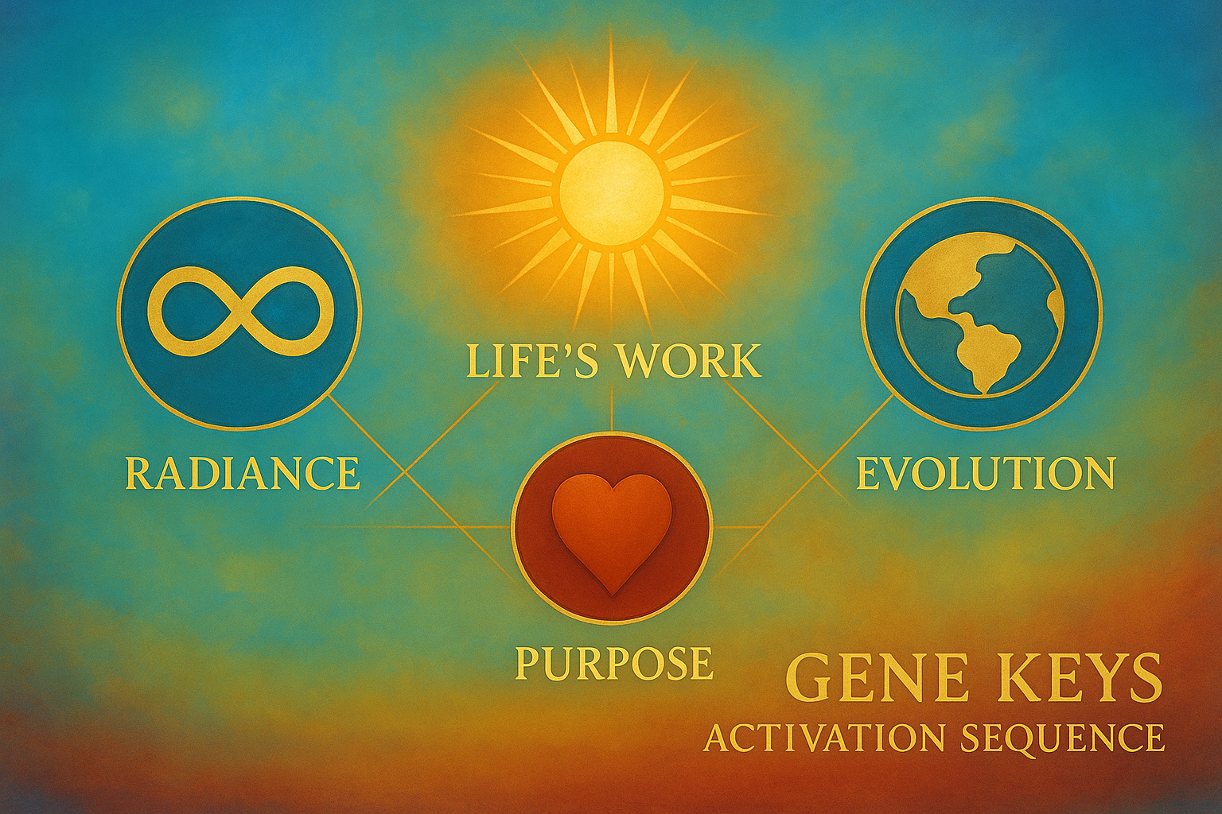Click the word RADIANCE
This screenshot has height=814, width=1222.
(x=242, y=473)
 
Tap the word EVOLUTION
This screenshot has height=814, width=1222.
(x=985, y=473)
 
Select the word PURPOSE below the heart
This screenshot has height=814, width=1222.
(x=613, y=662)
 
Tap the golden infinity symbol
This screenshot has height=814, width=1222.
(x=240, y=312)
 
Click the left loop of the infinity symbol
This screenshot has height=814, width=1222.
(x=193, y=312)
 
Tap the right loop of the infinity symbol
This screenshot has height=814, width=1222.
(x=287, y=312)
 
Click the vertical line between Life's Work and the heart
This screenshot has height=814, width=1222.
(x=612, y=409)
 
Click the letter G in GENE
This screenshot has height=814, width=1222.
(x=804, y=679)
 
